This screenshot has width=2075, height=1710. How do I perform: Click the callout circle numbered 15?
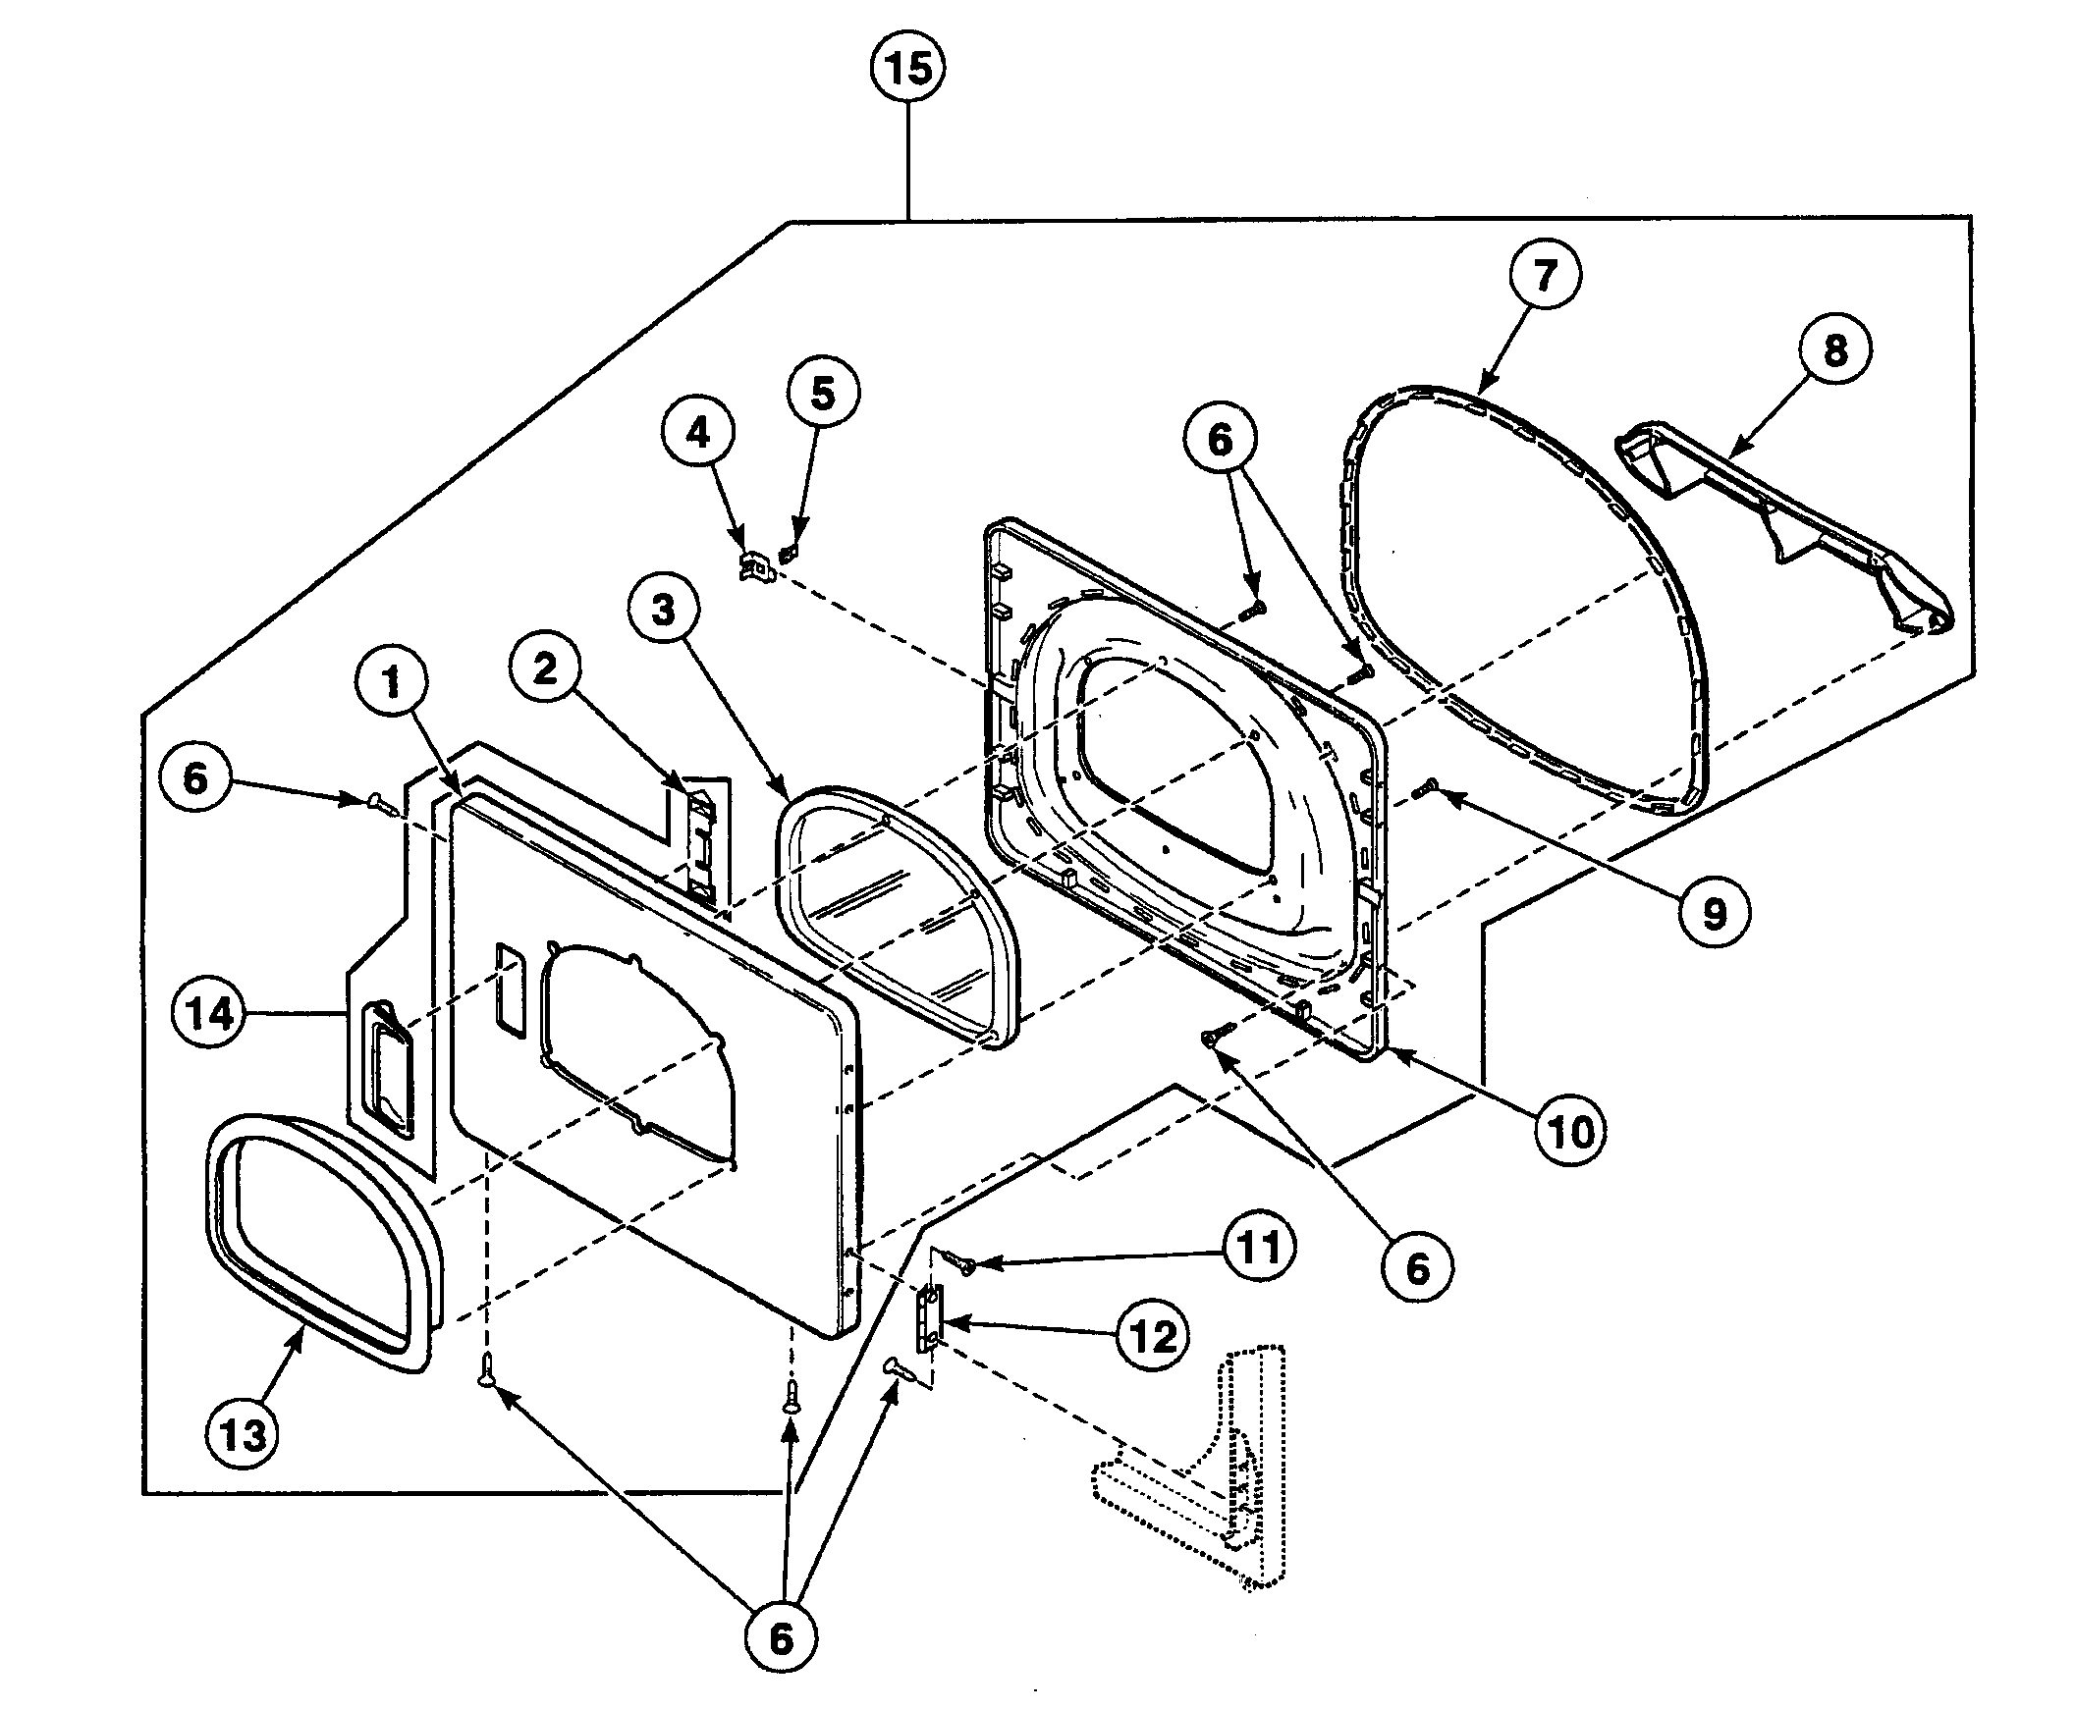(907, 69)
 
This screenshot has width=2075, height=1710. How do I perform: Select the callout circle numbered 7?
(1544, 274)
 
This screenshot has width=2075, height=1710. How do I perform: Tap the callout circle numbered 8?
(1834, 349)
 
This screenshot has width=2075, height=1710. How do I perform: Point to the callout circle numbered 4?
(697, 433)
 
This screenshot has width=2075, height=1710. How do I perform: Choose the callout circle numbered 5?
(823, 393)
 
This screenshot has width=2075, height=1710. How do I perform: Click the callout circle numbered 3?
(663, 610)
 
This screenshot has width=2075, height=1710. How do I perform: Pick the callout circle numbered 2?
(545, 669)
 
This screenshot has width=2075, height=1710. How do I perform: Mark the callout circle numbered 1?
(391, 681)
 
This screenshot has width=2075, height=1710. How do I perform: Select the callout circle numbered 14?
(209, 1013)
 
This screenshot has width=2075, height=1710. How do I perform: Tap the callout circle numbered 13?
(243, 1435)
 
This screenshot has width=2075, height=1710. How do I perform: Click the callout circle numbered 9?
(1715, 913)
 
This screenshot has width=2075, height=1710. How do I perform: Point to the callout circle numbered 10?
(1570, 1133)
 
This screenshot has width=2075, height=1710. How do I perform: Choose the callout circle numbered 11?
(1258, 1248)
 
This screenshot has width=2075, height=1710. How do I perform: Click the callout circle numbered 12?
(1153, 1337)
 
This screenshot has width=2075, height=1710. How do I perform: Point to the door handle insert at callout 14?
(387, 1066)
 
